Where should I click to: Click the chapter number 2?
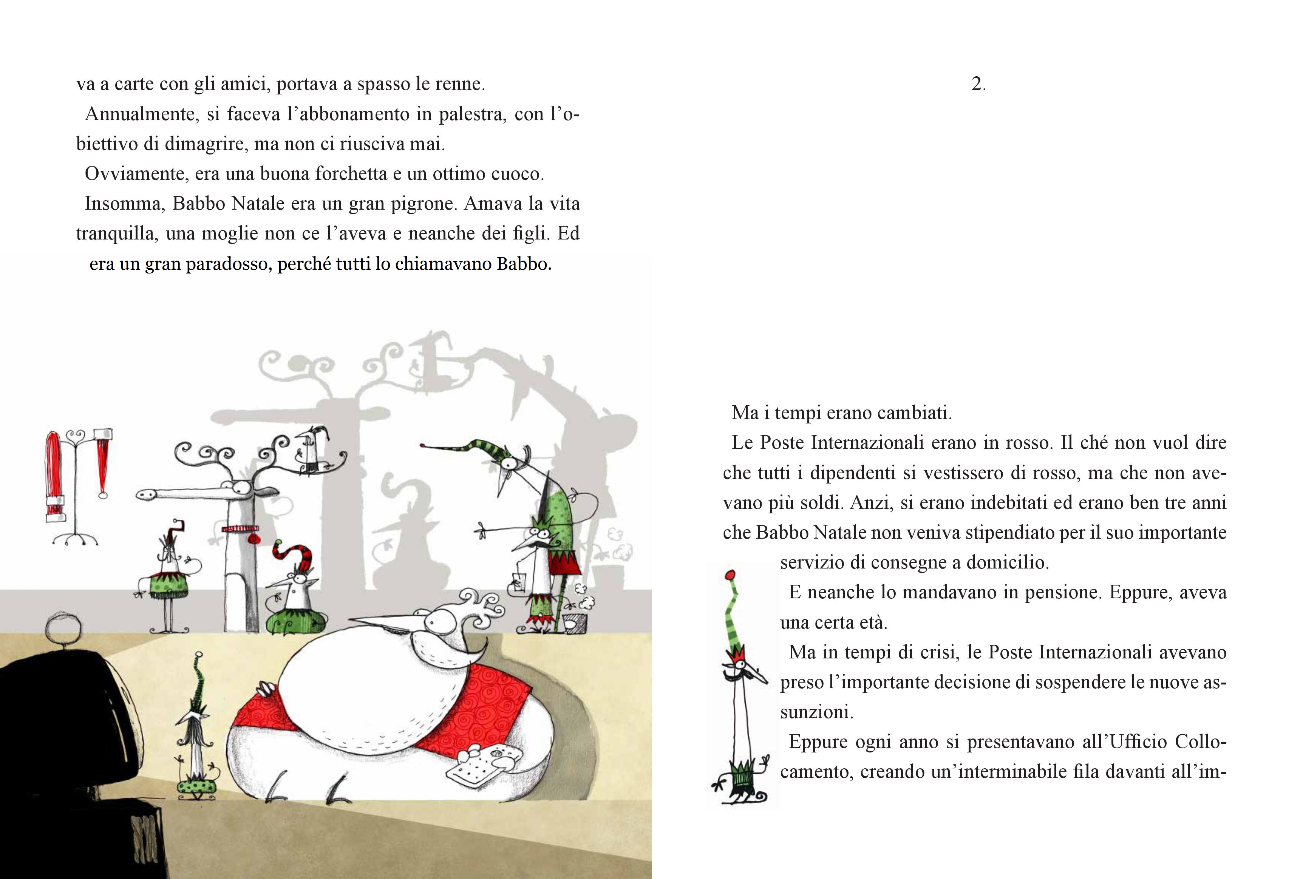pyautogui.click(x=978, y=85)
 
